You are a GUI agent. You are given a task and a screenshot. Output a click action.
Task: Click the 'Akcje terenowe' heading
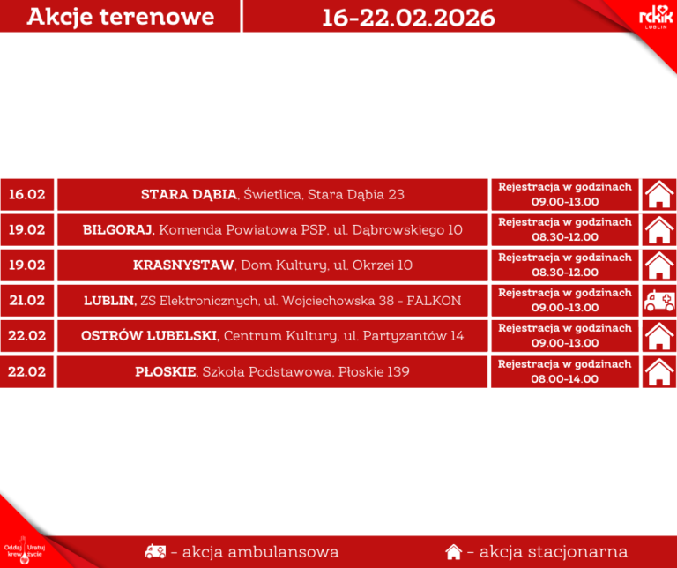[120, 17]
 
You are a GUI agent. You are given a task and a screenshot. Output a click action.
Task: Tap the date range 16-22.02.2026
[408, 17]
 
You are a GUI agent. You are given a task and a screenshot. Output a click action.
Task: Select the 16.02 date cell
[27, 194]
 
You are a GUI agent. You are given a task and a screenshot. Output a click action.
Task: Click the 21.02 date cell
[27, 300]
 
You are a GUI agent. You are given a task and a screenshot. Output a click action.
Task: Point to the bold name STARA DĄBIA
[189, 194]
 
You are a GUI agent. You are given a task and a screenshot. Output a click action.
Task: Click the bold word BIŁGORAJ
[119, 229]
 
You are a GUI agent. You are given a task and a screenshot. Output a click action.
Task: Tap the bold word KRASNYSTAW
[183, 265]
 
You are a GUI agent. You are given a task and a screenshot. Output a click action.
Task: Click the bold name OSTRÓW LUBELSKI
[150, 336]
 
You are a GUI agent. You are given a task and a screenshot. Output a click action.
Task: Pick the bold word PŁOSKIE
[167, 371]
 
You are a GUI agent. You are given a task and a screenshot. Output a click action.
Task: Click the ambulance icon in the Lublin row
[658, 301]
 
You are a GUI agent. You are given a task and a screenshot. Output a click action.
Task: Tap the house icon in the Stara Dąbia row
[658, 194]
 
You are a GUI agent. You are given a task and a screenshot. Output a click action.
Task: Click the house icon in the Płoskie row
[658, 371]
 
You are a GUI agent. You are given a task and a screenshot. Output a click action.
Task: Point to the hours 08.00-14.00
[565, 378]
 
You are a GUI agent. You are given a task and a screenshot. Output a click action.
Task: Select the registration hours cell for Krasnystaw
[565, 265]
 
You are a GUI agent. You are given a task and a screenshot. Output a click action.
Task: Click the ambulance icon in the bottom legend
[155, 552]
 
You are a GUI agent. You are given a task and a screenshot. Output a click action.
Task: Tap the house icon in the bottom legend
[453, 552]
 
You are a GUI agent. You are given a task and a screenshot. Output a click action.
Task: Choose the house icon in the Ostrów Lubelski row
[658, 336]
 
